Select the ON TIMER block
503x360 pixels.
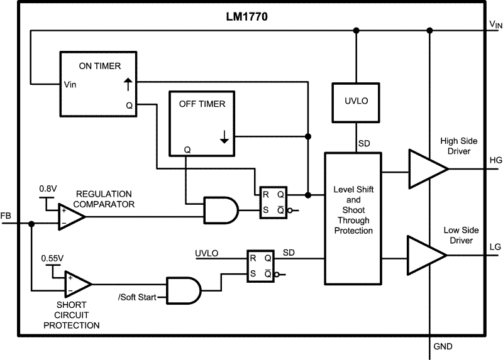click(99, 84)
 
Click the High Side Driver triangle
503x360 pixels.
click(426, 169)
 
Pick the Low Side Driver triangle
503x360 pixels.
click(426, 254)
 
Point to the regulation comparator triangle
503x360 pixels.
click(70, 216)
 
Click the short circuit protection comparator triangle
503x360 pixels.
click(77, 285)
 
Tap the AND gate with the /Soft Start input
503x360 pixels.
click(183, 290)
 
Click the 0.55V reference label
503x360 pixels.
click(52, 258)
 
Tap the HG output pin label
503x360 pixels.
click(495, 160)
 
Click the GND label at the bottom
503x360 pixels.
click(443, 347)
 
